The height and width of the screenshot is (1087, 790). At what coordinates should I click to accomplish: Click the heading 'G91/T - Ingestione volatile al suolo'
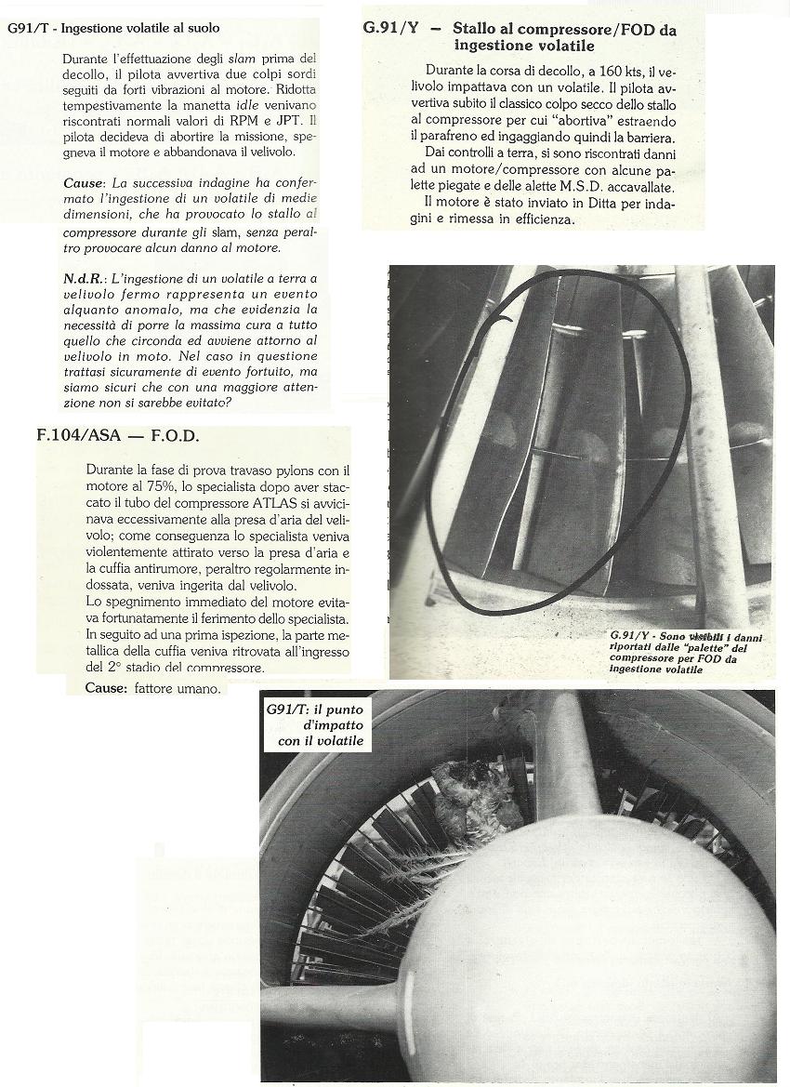click(x=112, y=29)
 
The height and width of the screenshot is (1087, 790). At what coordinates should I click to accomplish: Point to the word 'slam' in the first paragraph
click(x=244, y=59)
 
